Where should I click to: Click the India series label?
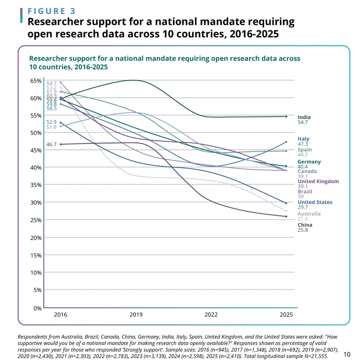click(x=304, y=117)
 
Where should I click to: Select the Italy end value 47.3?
click(x=303, y=144)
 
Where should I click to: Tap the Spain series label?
click(x=305, y=150)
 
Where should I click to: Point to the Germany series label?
click(x=309, y=161)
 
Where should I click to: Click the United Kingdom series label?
click(x=318, y=181)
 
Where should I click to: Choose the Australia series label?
click(x=309, y=213)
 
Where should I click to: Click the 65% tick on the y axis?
click(x=36, y=81)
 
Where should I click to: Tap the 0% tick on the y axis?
click(x=37, y=308)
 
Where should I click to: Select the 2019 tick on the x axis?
click(x=136, y=315)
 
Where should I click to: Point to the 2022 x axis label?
click(x=211, y=315)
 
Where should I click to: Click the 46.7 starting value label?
click(x=52, y=144)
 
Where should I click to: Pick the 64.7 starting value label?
click(x=52, y=83)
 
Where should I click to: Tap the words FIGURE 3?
click(x=52, y=11)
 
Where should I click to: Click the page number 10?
click(x=348, y=354)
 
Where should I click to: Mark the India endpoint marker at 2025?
click(x=286, y=117)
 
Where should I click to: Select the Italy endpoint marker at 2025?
click(x=286, y=142)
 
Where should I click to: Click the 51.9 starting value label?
click(x=52, y=127)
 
